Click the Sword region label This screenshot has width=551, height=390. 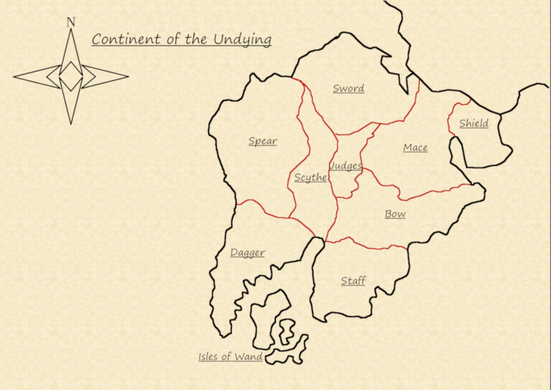pyautogui.click(x=349, y=88)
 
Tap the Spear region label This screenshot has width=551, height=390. pyautogui.click(x=263, y=141)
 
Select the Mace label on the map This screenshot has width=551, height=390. pyautogui.click(x=416, y=147)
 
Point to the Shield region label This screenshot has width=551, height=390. pyautogui.click(x=474, y=123)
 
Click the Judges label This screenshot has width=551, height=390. pyautogui.click(x=346, y=166)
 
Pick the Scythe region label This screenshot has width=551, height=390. pyautogui.click(x=311, y=177)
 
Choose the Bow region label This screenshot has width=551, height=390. pyautogui.click(x=395, y=214)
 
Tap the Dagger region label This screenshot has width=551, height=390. pyautogui.click(x=248, y=252)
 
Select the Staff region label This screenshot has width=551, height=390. pyautogui.click(x=353, y=281)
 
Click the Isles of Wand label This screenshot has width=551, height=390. pyautogui.click(x=230, y=357)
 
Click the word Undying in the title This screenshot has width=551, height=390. pyautogui.click(x=242, y=39)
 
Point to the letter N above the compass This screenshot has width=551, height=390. pyautogui.click(x=70, y=22)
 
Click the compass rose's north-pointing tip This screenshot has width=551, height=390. pyautogui.click(x=70, y=31)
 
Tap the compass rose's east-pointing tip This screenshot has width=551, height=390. pyautogui.click(x=127, y=76)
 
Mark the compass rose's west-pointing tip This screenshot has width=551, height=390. pyautogui.click(x=14, y=77)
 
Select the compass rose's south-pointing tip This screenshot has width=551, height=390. pyautogui.click(x=71, y=123)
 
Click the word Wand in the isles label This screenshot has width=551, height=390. pyautogui.click(x=249, y=357)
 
